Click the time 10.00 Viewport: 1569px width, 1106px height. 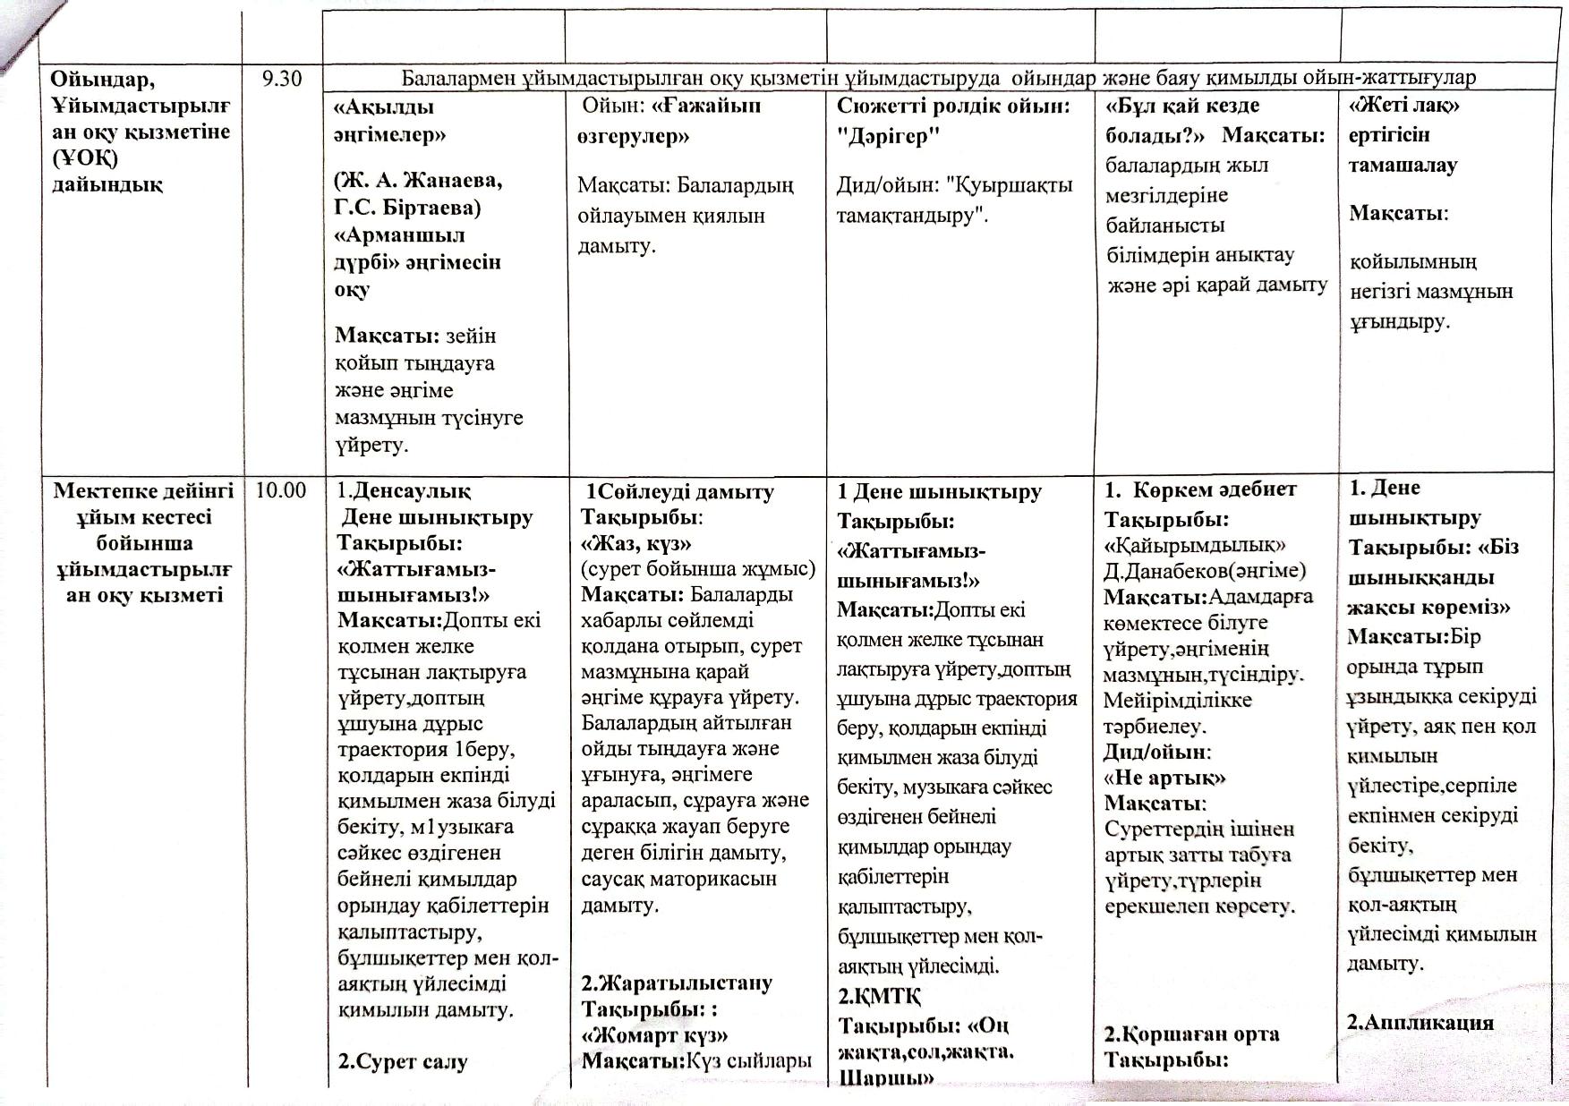280,490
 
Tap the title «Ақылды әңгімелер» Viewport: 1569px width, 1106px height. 388,121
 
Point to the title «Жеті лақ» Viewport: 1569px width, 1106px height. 1404,106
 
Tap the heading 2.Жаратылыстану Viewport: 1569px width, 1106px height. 677,983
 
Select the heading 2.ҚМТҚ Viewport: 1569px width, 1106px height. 879,996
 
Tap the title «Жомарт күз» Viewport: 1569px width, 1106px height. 654,1034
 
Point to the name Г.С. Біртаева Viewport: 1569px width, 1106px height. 407,208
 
